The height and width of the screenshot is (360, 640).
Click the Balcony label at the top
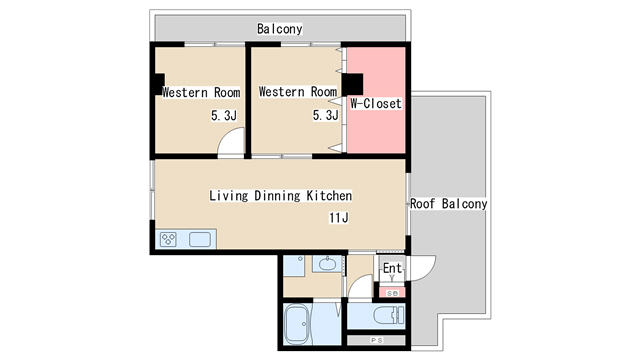click(280, 29)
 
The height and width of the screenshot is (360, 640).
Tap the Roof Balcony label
click(449, 203)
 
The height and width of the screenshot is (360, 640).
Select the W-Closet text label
click(376, 103)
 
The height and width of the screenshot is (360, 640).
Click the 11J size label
click(339, 218)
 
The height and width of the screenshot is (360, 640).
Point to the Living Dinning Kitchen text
click(280, 196)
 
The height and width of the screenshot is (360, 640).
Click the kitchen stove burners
click(168, 239)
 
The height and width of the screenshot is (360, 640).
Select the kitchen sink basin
click(200, 239)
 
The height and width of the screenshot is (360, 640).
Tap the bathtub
click(298, 324)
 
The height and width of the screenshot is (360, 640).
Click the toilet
click(388, 316)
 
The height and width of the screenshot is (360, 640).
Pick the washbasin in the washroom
click(327, 264)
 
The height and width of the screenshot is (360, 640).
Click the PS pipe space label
click(376, 340)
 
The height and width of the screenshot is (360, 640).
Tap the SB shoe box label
click(392, 293)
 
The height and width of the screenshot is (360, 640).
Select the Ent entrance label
click(392, 268)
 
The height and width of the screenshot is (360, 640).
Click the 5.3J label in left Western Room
click(224, 116)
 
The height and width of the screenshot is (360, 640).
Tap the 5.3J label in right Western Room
click(326, 115)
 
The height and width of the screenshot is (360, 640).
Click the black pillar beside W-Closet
click(352, 84)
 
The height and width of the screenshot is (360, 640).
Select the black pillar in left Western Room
click(160, 84)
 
